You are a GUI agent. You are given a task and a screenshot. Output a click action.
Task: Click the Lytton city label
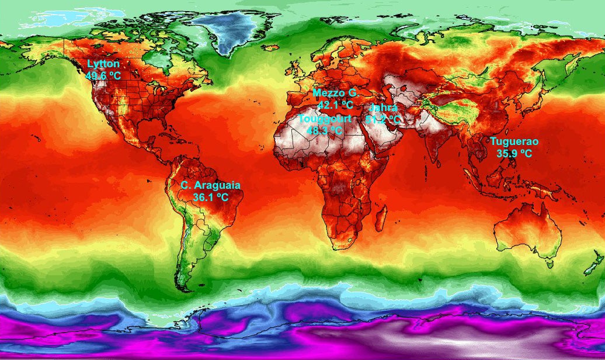103,64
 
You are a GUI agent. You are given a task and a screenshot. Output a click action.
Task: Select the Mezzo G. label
335,94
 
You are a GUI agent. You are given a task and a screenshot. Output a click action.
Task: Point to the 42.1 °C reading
336,105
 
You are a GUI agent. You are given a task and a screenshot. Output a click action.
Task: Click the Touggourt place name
325,119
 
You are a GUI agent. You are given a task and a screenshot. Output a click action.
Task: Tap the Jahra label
383,108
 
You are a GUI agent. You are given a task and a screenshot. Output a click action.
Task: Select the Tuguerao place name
514,141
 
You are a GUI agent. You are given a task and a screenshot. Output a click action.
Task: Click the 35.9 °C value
514,153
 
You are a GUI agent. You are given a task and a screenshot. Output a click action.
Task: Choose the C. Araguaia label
210,185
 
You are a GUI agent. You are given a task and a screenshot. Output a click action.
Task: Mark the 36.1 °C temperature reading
210,197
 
